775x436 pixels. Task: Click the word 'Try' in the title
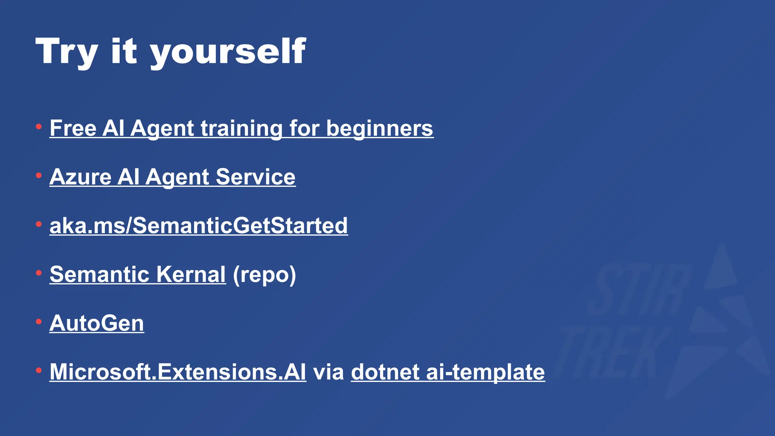tap(67, 52)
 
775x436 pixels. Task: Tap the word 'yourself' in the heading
tap(228, 52)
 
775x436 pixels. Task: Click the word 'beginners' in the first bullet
tap(380, 128)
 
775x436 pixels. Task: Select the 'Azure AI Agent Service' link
tap(172, 177)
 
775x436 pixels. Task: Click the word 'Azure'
tap(80, 177)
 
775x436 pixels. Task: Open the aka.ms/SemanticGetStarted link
tap(198, 226)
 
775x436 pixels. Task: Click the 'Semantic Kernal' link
tap(137, 274)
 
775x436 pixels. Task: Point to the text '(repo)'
tap(264, 275)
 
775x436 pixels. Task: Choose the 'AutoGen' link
tap(96, 323)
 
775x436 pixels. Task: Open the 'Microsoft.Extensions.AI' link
tap(177, 372)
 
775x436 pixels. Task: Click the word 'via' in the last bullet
tap(328, 372)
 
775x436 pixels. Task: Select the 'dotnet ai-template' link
tap(448, 372)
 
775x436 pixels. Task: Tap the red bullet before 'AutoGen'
tap(39, 322)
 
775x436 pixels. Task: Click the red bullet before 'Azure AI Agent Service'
tap(39, 175)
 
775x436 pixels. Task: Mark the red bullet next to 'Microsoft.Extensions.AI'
tap(39, 371)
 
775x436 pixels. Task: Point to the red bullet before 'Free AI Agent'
tap(39, 127)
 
